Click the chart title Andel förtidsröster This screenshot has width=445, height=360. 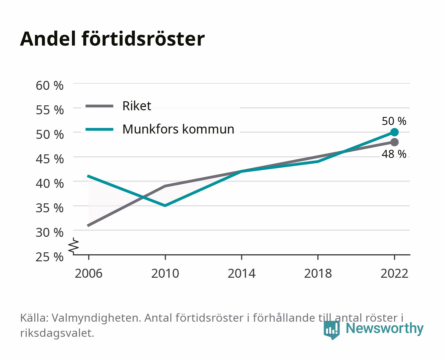(x=112, y=39)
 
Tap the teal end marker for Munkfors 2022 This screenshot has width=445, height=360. (x=394, y=132)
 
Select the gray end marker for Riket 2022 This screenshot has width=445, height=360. (x=394, y=142)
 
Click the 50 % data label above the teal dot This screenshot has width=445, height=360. (x=394, y=121)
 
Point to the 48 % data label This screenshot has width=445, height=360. (x=394, y=154)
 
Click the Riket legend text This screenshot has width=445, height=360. (x=137, y=106)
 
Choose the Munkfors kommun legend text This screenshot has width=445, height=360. (x=178, y=129)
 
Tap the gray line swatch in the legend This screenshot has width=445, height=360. (x=100, y=106)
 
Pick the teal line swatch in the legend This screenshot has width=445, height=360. (x=100, y=129)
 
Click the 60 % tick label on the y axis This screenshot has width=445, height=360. (x=50, y=86)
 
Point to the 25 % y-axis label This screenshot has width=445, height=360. (x=50, y=257)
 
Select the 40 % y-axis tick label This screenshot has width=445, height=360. (x=50, y=184)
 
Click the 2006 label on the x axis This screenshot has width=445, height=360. (x=89, y=273)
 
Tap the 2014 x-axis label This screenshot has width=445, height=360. (x=241, y=273)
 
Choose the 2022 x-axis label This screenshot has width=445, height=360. (x=394, y=273)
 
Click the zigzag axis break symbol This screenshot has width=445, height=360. (x=74, y=246)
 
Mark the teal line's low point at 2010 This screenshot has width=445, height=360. (x=165, y=206)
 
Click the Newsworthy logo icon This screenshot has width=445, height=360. (x=331, y=330)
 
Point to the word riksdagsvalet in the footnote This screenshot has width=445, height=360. (x=57, y=333)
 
